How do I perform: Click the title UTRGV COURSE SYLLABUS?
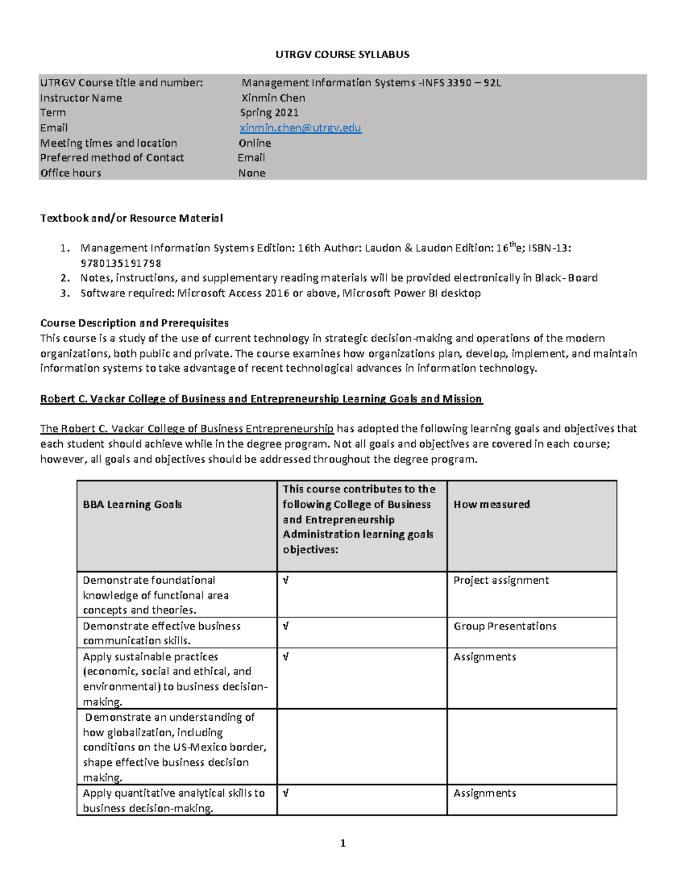point(342,55)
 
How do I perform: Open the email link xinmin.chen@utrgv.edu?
point(300,128)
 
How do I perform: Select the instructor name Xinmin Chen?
point(273,98)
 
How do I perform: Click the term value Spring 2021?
point(269,113)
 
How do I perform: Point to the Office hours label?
point(70,173)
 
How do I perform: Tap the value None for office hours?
point(252,173)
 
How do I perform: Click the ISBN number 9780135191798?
point(120,263)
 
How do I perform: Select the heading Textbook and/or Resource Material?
point(131,218)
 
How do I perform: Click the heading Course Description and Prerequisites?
point(134,323)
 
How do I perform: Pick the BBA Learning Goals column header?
point(132,504)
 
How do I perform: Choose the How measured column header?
point(491,504)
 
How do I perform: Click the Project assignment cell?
point(501,580)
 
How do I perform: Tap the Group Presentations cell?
point(505,626)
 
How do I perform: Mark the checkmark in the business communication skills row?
point(285,626)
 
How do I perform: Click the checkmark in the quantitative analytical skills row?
point(285,793)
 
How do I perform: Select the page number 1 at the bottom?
point(342,843)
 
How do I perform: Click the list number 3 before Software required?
point(65,294)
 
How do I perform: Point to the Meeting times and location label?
point(108,143)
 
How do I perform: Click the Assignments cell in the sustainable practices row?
point(485,657)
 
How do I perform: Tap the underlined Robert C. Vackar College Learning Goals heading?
point(261,399)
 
